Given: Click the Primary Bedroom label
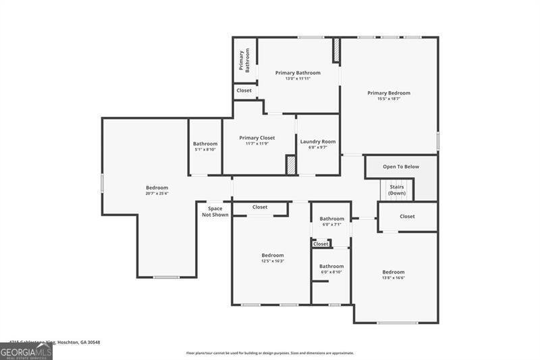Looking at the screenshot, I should (389, 93).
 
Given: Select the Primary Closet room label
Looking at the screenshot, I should (257, 138).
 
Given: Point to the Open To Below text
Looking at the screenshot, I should (401, 166).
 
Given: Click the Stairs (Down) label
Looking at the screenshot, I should (397, 190).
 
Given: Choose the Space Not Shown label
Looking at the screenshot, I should (215, 211).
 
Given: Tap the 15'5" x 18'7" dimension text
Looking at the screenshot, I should (389, 99).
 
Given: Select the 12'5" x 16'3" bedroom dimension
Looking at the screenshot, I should (273, 261).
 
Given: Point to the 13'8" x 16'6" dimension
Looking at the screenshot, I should (394, 278).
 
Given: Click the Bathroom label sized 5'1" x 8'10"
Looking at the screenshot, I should (205, 144).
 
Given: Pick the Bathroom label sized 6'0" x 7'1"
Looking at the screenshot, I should (331, 219).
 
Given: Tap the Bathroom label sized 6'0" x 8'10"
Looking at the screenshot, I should (331, 266).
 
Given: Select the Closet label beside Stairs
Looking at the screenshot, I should (407, 217).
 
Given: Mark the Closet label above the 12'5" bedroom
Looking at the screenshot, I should (260, 207).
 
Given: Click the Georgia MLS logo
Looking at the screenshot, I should (26, 351).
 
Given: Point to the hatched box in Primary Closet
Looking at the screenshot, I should (291, 165).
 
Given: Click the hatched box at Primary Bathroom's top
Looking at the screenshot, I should (335, 51).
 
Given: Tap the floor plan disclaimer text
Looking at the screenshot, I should (270, 353).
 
